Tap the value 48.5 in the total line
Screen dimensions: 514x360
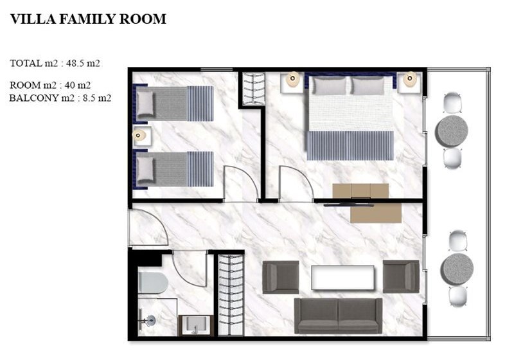click(74, 63)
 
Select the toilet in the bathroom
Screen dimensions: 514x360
click(153, 282)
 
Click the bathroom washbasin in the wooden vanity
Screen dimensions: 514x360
click(195, 324)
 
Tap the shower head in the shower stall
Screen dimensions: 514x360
click(151, 320)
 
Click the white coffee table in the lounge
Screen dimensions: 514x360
click(342, 278)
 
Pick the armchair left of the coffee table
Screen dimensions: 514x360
click(281, 277)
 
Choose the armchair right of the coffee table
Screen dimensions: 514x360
click(401, 276)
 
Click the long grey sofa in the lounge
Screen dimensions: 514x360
click(338, 316)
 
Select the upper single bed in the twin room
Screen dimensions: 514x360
click(173, 104)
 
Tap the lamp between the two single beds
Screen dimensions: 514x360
click(139, 135)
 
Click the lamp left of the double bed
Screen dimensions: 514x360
click(292, 79)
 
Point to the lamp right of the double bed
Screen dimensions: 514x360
click(410, 79)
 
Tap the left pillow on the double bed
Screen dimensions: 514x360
click(329, 86)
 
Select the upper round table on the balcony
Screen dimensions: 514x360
click(452, 131)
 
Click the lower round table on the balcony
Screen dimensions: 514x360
click(457, 269)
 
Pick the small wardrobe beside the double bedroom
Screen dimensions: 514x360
click(253, 89)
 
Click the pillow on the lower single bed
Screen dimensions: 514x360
click(145, 170)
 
